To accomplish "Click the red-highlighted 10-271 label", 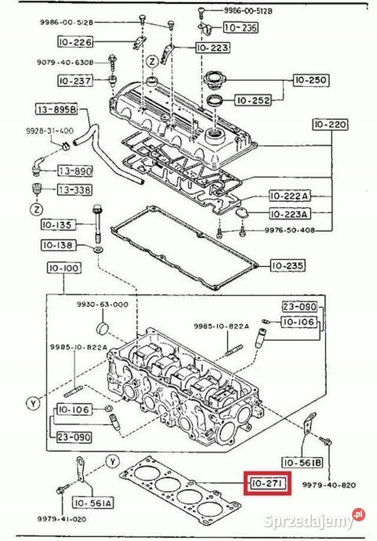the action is pyautogui.click(x=267, y=483).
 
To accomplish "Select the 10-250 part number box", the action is pyautogui.click(x=311, y=80).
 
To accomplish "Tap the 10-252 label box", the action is pyautogui.click(x=253, y=100).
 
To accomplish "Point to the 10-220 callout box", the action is pyautogui.click(x=330, y=124).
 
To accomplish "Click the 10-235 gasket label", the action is pyautogui.click(x=287, y=266).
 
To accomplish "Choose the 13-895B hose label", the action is pyautogui.click(x=57, y=109).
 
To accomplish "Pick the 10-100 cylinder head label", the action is pyautogui.click(x=64, y=267).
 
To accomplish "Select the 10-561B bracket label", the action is pyautogui.click(x=302, y=462).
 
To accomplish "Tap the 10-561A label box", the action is pyautogui.click(x=92, y=503).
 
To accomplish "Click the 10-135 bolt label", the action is pyautogui.click(x=58, y=225).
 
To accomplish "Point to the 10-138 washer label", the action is pyautogui.click(x=58, y=245).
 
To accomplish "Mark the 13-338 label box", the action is pyautogui.click(x=75, y=189).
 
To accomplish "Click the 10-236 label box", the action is pyautogui.click(x=241, y=27).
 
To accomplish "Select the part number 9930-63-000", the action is pyautogui.click(x=102, y=304).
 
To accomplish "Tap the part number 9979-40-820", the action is pyautogui.click(x=329, y=484).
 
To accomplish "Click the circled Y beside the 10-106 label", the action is pyautogui.click(x=33, y=403).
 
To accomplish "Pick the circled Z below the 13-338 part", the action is pyautogui.click(x=37, y=209).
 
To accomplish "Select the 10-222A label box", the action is pyautogui.click(x=289, y=196).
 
